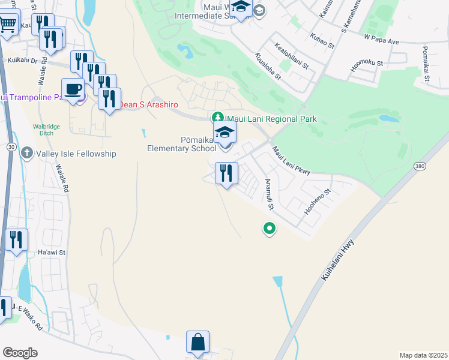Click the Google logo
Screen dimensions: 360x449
(20, 353)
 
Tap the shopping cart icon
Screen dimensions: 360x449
(7, 25)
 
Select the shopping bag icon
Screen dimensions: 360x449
(197, 343)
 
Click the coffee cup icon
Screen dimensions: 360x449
(73, 89)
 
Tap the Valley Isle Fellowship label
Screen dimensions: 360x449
(75, 154)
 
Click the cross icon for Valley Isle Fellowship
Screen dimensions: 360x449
(26, 153)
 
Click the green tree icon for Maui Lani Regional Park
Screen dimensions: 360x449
(218, 117)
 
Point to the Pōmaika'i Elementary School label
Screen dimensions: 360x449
(182, 145)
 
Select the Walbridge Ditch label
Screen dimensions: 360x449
(48, 130)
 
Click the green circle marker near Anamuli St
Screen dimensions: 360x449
(270, 228)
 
